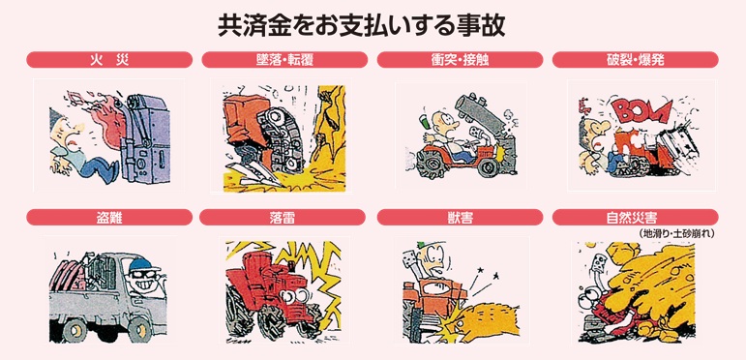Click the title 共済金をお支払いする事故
point(362,27)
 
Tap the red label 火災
point(109,60)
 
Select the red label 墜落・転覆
point(284,60)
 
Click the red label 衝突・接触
point(460,60)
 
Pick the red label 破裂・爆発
point(635,60)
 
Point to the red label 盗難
point(109,218)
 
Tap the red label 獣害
point(460,218)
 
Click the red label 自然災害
point(635,218)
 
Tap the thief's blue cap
point(142,264)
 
